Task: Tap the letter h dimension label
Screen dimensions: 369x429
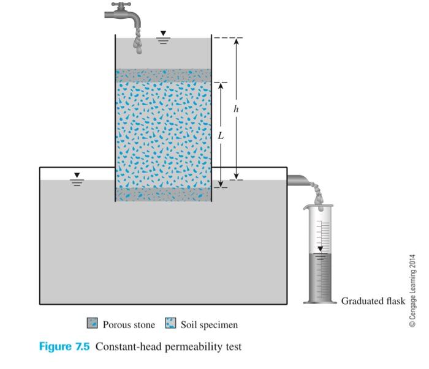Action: click(x=237, y=109)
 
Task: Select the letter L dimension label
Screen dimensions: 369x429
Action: click(x=221, y=136)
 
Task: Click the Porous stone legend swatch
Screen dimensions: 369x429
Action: click(x=93, y=324)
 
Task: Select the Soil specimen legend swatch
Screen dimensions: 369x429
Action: click(x=171, y=324)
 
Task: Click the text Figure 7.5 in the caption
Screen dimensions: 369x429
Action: click(x=64, y=347)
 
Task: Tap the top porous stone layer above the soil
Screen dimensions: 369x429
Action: click(x=163, y=75)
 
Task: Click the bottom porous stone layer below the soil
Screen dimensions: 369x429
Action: click(x=163, y=195)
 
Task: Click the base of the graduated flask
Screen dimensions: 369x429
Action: click(x=320, y=300)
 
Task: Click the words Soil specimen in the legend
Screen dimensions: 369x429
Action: click(x=209, y=324)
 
